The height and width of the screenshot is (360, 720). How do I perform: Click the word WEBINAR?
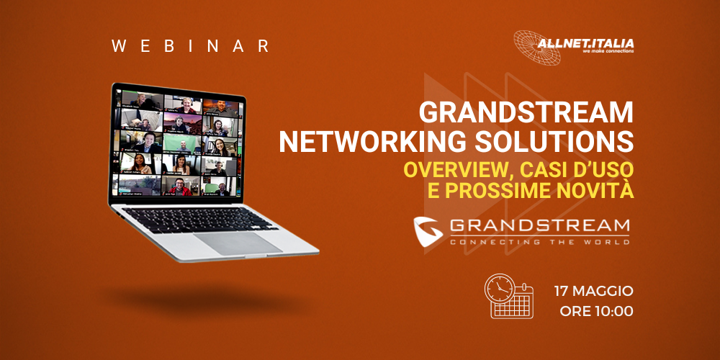pos(191,46)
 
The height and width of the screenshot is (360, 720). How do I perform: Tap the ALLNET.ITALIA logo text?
pos(585,44)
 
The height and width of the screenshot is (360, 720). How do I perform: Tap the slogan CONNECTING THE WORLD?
pos(539,242)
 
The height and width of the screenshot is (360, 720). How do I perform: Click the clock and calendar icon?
pos(508,295)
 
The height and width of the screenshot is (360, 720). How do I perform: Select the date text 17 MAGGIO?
pos(593,291)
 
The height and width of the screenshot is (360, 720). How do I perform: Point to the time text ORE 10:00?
pos(596,312)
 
